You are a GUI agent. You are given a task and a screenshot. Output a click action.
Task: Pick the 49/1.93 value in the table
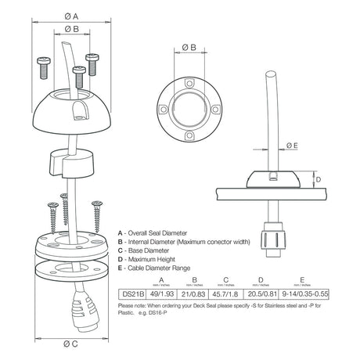162,293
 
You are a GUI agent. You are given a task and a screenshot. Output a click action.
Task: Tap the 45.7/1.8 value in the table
228,293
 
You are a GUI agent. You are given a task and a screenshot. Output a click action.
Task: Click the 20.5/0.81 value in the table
261,293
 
